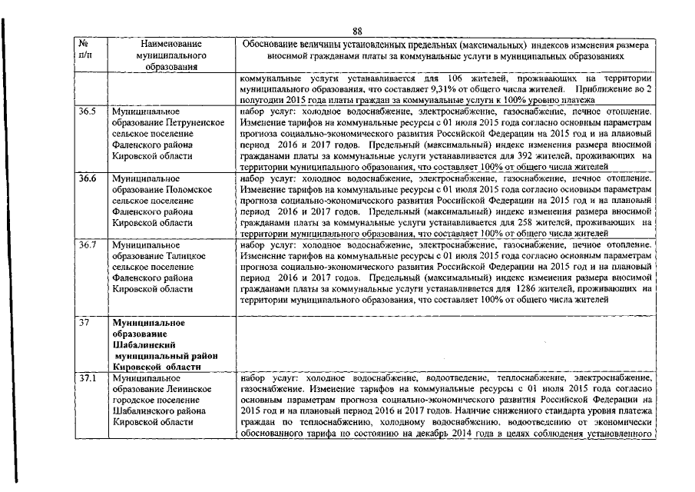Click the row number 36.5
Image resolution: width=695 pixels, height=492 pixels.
[89, 112]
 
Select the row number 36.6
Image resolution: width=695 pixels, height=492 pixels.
[89, 178]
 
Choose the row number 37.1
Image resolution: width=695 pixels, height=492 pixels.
[89, 379]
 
